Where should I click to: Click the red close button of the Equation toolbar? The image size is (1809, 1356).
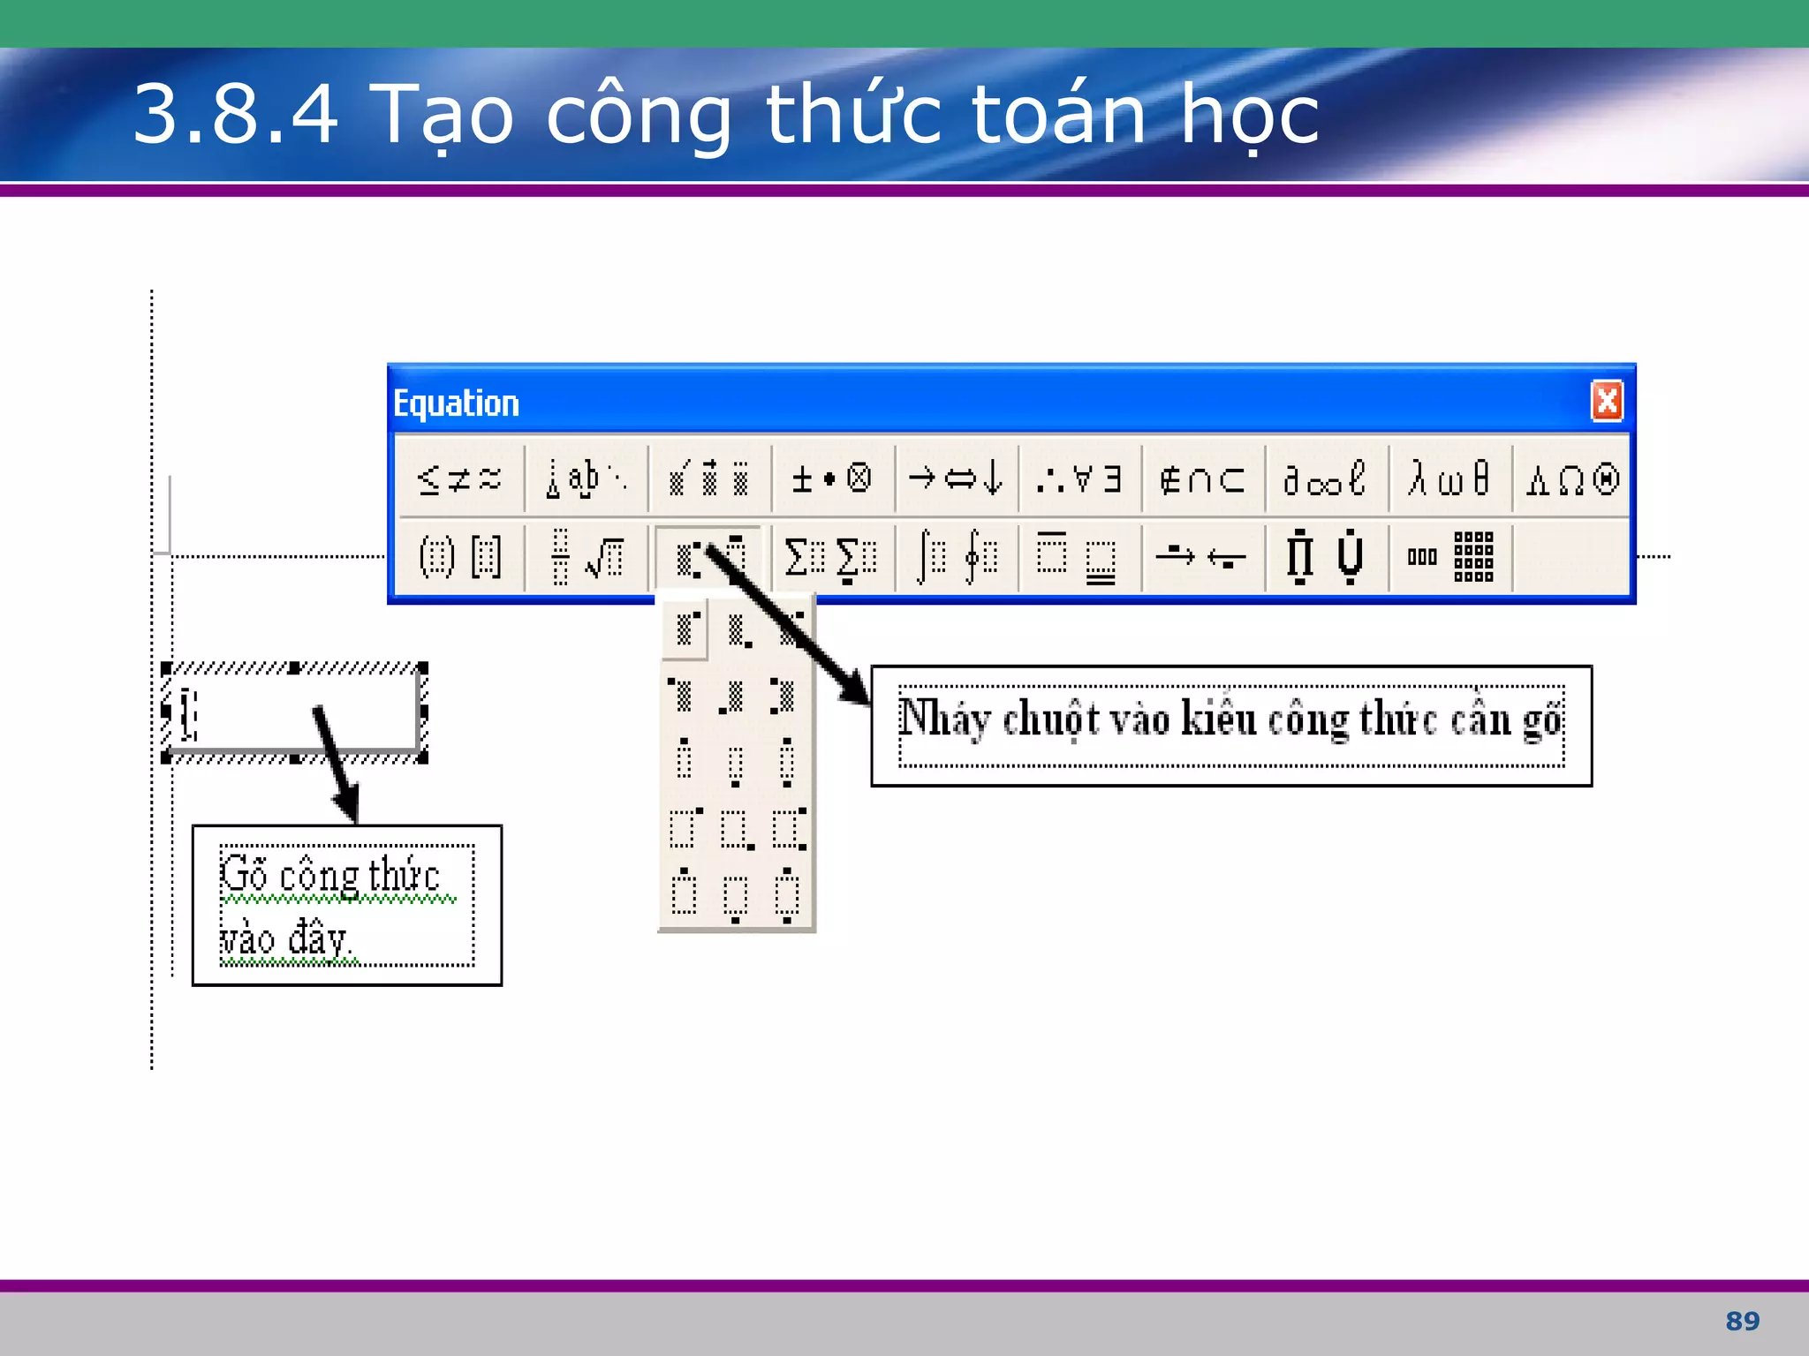click(1607, 402)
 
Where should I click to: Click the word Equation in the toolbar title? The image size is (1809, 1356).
click(456, 403)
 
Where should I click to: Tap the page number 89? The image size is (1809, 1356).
click(1742, 1321)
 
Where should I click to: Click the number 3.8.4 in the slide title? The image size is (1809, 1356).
click(235, 114)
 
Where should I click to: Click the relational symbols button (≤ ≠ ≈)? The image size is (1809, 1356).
click(459, 479)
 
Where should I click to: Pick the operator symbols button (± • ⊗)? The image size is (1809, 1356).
click(831, 479)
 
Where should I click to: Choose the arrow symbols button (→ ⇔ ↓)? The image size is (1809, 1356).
click(956, 479)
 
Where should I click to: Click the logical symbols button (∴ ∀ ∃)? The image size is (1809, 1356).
click(1079, 479)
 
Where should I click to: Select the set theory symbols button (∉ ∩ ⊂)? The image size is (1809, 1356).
click(1202, 479)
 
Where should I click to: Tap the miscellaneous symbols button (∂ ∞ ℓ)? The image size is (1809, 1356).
click(1325, 479)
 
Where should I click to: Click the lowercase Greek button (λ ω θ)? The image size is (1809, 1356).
click(1449, 479)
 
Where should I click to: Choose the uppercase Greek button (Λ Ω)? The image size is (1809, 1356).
click(1572, 479)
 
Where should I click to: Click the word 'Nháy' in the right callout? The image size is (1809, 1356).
click(943, 719)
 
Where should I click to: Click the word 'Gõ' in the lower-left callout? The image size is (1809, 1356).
click(244, 874)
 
